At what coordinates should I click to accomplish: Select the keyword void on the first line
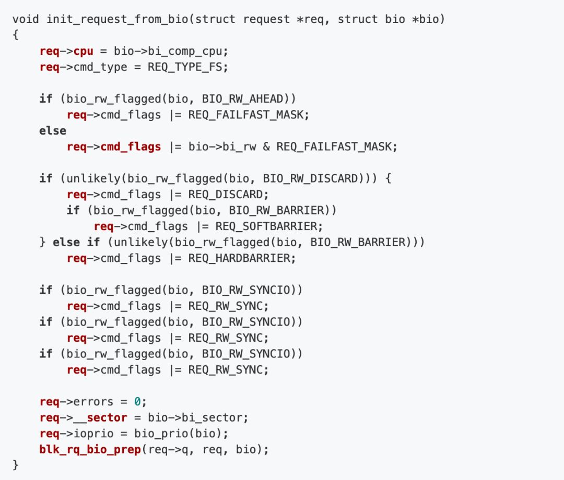click(x=26, y=19)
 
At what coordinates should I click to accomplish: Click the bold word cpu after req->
click(x=83, y=52)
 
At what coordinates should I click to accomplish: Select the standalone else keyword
click(x=53, y=131)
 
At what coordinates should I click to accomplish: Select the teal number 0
click(x=137, y=402)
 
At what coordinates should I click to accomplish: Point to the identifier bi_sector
click(x=216, y=417)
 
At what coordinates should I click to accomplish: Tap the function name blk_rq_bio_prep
click(x=90, y=449)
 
